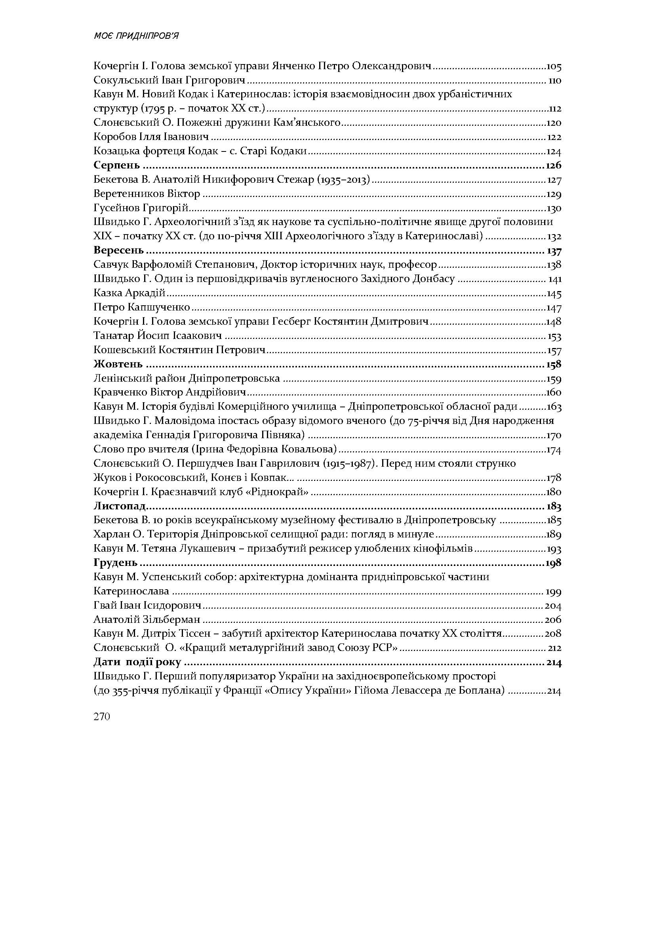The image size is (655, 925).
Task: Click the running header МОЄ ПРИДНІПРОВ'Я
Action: pos(136,36)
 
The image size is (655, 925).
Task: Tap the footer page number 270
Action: pos(102,717)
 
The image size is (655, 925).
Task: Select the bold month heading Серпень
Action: pos(116,165)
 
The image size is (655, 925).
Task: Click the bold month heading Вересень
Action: pos(118,250)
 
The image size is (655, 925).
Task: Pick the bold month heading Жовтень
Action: pos(118,364)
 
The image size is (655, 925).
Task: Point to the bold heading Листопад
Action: pos(119,506)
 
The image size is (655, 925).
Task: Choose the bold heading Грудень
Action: pos(115,562)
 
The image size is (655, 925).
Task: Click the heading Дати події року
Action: pos(137,662)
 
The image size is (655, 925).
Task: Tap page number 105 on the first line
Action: pos(553,66)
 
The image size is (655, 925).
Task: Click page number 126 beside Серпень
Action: pos(553,165)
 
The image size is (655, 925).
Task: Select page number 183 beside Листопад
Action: pos(554,506)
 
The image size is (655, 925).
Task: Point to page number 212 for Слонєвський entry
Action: pos(554,648)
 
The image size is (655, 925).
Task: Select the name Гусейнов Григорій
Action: pos(141,208)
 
